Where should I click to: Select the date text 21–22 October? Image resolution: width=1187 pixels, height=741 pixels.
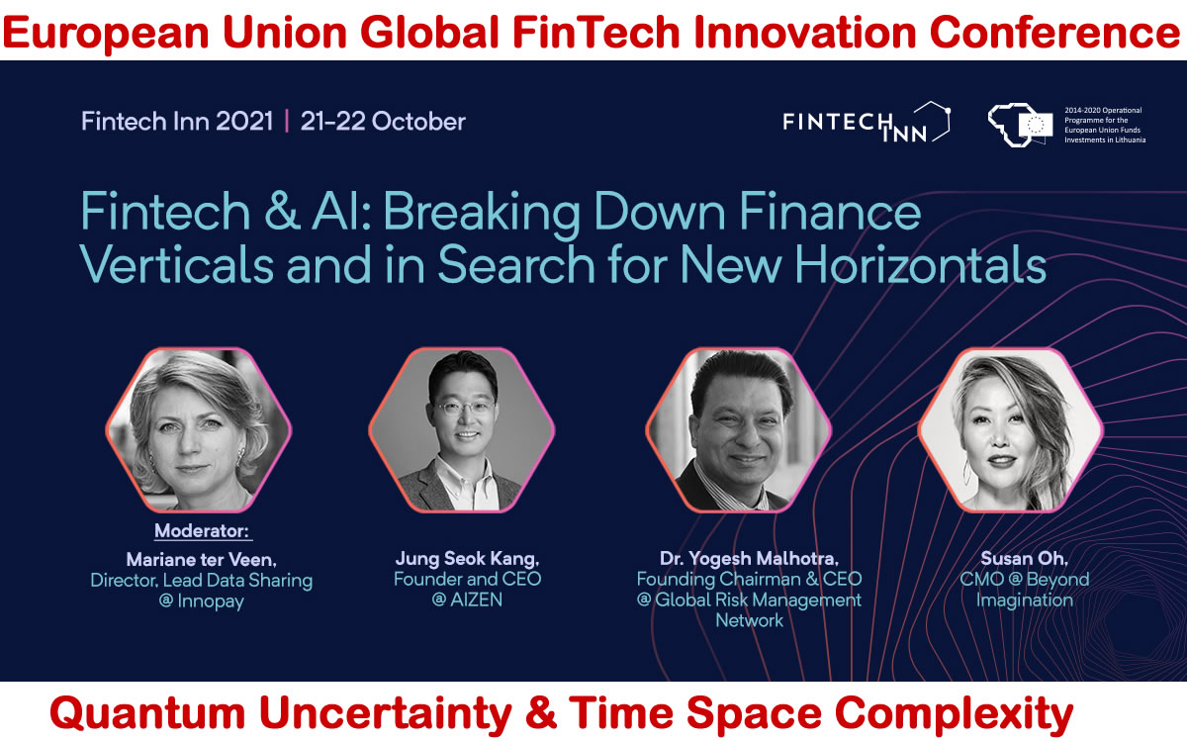coord(383,122)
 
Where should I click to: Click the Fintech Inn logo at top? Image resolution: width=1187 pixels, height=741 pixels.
coord(866,122)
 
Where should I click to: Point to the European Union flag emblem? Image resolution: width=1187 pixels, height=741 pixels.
coord(1036,124)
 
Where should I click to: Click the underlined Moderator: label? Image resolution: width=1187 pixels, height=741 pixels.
coord(202,531)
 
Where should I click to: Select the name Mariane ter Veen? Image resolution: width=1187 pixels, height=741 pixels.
coord(201,559)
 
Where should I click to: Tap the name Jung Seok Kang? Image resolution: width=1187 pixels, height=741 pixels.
coord(467,559)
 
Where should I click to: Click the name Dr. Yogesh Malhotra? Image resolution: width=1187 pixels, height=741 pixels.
coord(749,559)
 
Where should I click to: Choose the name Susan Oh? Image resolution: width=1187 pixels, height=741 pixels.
coord(1024,559)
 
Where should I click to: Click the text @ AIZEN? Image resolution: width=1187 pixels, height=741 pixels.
coord(467,600)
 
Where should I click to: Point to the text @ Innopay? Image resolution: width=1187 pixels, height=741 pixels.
coord(201,602)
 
